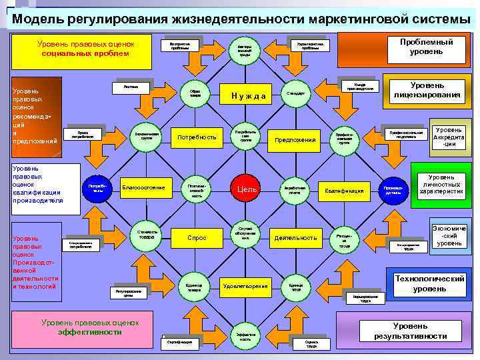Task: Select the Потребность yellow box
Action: point(196,137)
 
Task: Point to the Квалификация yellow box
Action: point(344,190)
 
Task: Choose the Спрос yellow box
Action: point(197,237)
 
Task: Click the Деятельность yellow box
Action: point(295,237)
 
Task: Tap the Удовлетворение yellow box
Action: point(245,286)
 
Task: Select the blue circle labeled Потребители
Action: point(97,189)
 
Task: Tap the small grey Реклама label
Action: point(131,86)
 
